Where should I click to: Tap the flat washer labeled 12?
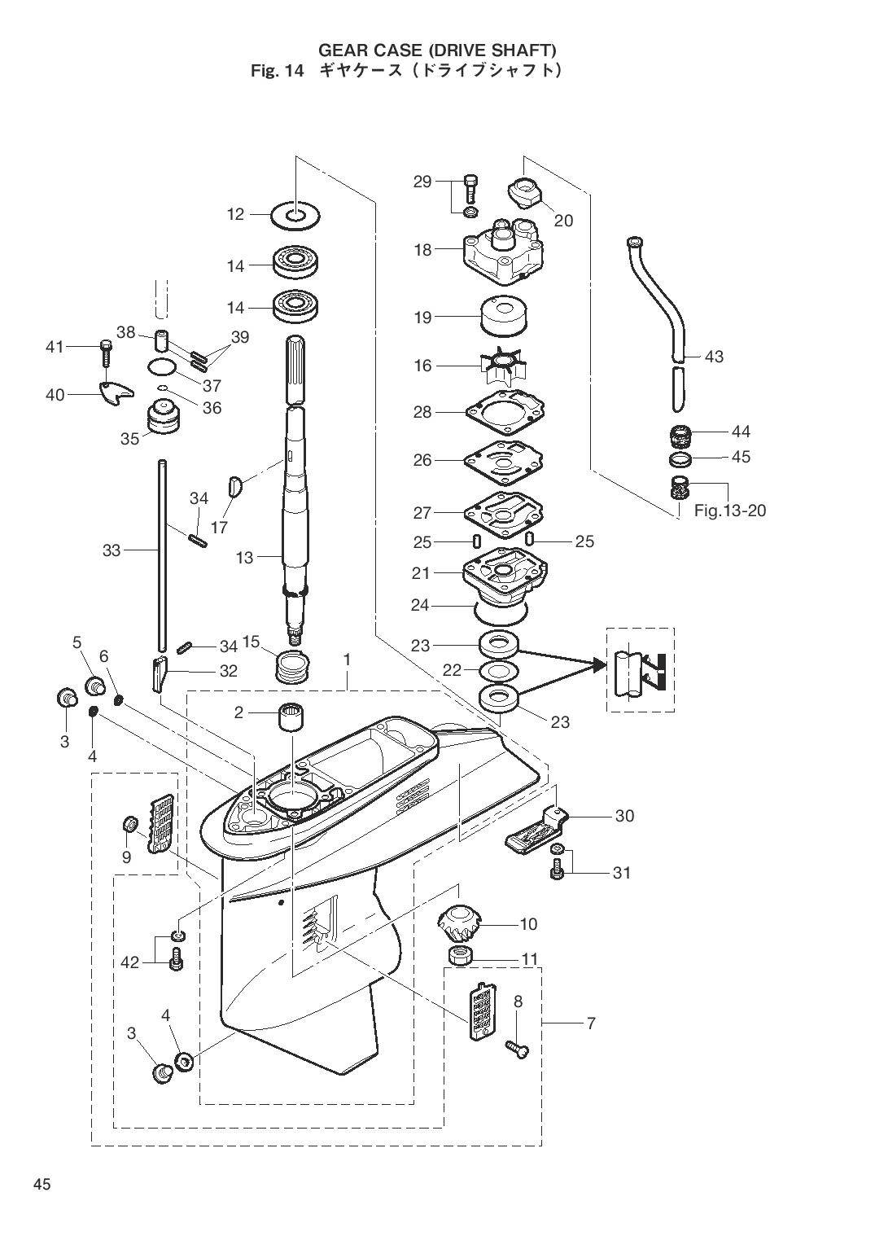295,214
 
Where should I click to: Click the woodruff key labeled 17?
235,487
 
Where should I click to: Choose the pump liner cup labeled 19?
503,316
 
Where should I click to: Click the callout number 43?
714,357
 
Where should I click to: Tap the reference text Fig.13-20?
730,511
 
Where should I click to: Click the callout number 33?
112,550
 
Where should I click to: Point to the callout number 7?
591,1023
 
